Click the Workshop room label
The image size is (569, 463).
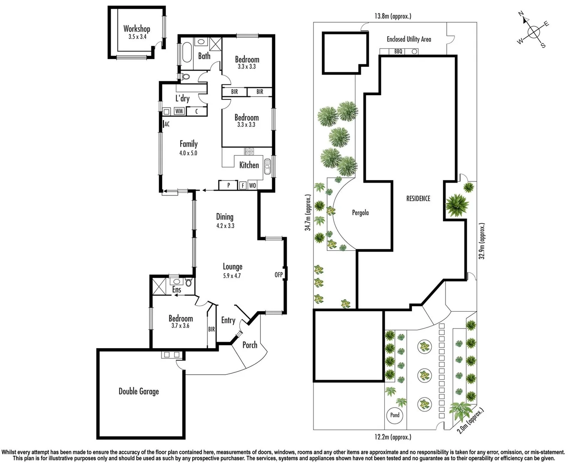[x=137, y=29]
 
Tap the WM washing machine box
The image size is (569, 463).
[x=179, y=111]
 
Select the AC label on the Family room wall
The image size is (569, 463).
[x=167, y=124]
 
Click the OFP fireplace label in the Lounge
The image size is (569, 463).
[x=279, y=274]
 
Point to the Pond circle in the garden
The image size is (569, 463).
[x=395, y=415]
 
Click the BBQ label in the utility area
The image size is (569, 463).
[x=398, y=51]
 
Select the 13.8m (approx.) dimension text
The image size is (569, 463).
[x=392, y=16]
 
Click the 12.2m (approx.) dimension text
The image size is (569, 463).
[x=392, y=437]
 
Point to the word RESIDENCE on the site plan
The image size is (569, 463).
[x=418, y=198]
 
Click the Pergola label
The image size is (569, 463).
[x=360, y=213]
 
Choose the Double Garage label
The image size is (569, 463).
[x=138, y=391]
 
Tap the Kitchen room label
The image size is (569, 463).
[x=249, y=165]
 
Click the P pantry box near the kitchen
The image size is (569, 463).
[x=229, y=185]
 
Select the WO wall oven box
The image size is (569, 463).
[x=253, y=186]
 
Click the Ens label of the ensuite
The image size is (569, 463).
[x=177, y=290]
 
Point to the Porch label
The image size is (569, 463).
[x=250, y=345]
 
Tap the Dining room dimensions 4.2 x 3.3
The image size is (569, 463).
[x=225, y=225]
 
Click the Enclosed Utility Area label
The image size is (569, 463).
[x=409, y=39]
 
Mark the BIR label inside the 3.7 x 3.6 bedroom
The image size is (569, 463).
[x=211, y=329]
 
